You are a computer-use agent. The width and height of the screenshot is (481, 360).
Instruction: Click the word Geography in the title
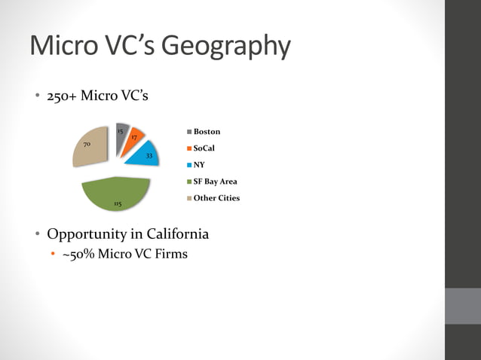[226, 47]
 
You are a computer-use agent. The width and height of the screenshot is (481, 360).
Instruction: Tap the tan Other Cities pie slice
[90, 149]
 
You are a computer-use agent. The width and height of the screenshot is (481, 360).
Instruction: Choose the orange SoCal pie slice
[134, 138]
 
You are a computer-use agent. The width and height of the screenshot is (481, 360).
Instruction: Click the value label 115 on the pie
[117, 203]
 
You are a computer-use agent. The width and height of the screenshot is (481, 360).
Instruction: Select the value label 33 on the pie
[149, 156]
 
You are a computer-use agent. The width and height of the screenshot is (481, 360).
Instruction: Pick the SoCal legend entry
[204, 148]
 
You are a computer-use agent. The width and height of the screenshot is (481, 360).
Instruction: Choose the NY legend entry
[199, 164]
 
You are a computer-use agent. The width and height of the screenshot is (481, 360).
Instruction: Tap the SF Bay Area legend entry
[215, 182]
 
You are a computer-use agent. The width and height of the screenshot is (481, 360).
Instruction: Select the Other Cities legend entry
[216, 198]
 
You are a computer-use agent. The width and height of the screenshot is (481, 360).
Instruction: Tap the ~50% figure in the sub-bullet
[75, 254]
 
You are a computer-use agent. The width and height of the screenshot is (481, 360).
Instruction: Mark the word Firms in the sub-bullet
[170, 254]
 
